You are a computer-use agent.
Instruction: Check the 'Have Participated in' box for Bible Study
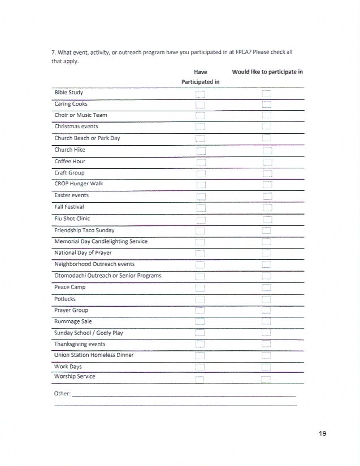(x=199, y=93)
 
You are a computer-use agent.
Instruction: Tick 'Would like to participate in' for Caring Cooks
(x=267, y=104)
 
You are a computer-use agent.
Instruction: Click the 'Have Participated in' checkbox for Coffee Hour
(x=199, y=162)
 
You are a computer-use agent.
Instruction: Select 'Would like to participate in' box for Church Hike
(x=267, y=150)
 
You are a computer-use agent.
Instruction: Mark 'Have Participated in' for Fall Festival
(x=199, y=208)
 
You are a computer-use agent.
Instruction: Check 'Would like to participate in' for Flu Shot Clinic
(x=267, y=219)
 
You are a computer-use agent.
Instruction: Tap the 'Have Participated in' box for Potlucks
(x=199, y=299)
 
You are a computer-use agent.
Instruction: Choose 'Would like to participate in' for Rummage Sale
(x=267, y=322)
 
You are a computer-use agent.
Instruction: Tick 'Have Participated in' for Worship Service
(x=199, y=379)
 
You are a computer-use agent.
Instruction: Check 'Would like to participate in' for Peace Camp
(x=267, y=288)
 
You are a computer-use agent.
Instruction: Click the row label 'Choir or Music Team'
(x=80, y=115)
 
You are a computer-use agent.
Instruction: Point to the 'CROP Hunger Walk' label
(x=79, y=184)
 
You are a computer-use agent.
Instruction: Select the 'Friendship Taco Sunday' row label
(x=84, y=230)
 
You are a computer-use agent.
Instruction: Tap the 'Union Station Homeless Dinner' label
(x=94, y=355)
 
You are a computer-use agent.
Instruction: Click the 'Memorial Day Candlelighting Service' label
(x=101, y=241)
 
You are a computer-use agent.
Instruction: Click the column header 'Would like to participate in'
(x=267, y=72)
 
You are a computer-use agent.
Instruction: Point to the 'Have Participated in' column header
(x=200, y=77)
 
